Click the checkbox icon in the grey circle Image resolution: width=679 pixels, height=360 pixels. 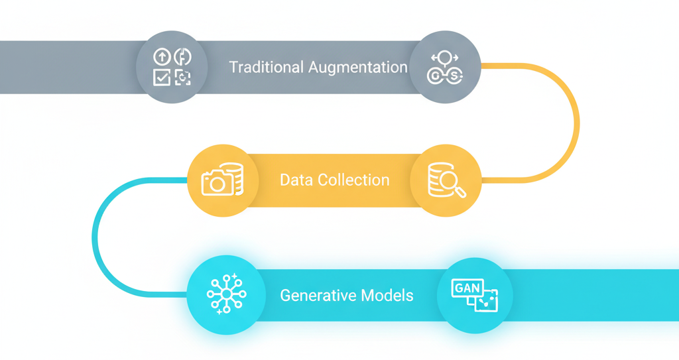(161, 78)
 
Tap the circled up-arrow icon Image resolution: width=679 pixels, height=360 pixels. (161, 57)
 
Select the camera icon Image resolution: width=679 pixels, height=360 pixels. (217, 182)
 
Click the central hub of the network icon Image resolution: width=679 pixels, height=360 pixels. (226, 294)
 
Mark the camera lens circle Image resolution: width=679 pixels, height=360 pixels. (217, 184)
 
